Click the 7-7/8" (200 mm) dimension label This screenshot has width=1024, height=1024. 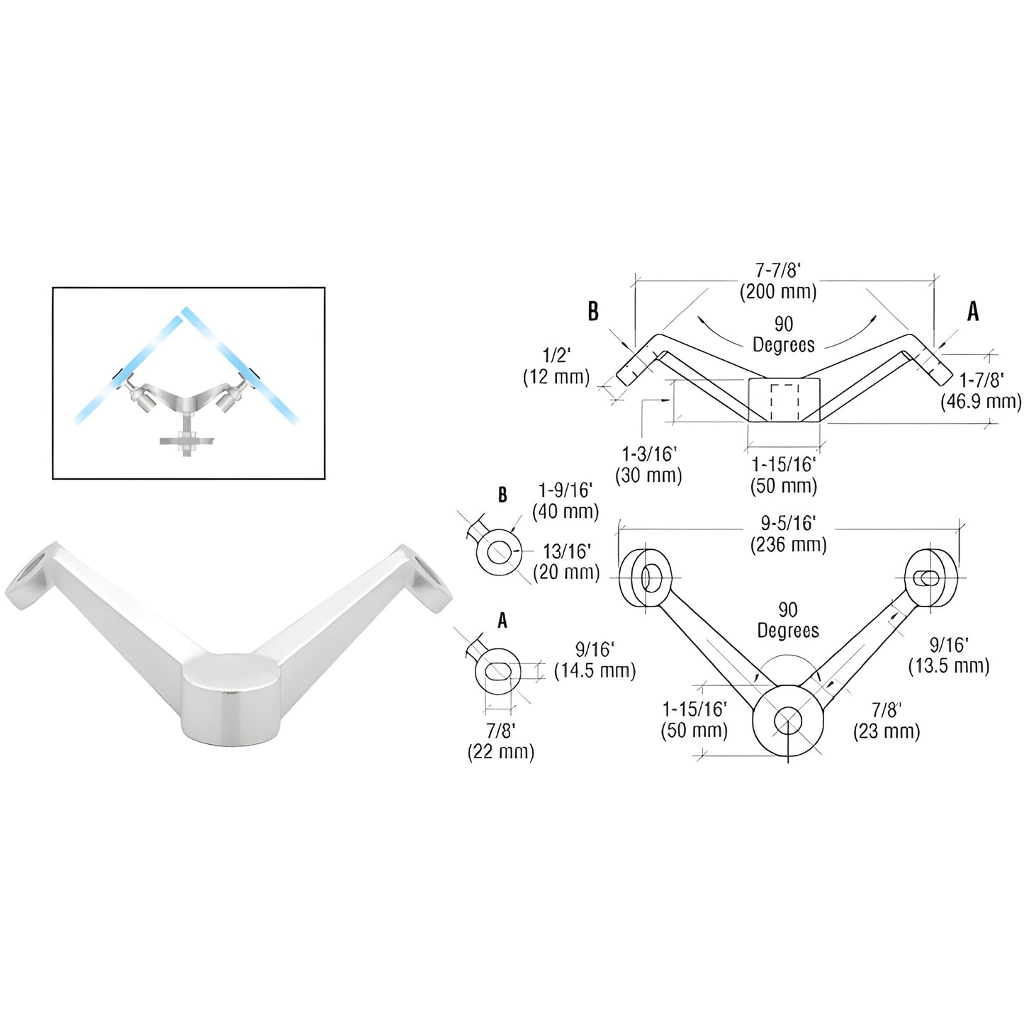(778, 281)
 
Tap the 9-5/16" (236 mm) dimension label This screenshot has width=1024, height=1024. (788, 534)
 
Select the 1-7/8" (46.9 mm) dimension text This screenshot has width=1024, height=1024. (981, 390)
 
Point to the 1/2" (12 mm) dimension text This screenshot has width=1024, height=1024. (556, 366)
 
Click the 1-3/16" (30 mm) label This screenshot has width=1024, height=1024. (648, 464)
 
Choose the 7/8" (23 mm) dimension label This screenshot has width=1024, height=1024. (886, 720)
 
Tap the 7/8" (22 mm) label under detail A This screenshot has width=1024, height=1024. (500, 741)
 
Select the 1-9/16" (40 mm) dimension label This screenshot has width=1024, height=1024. (565, 500)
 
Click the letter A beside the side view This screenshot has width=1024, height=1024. (973, 311)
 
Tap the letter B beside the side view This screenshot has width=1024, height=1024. (593, 311)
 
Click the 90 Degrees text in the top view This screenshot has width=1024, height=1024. (787, 620)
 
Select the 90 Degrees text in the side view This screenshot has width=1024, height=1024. (783, 334)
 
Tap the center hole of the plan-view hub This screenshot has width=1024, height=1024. (787, 721)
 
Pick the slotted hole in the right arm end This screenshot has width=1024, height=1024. (925, 578)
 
